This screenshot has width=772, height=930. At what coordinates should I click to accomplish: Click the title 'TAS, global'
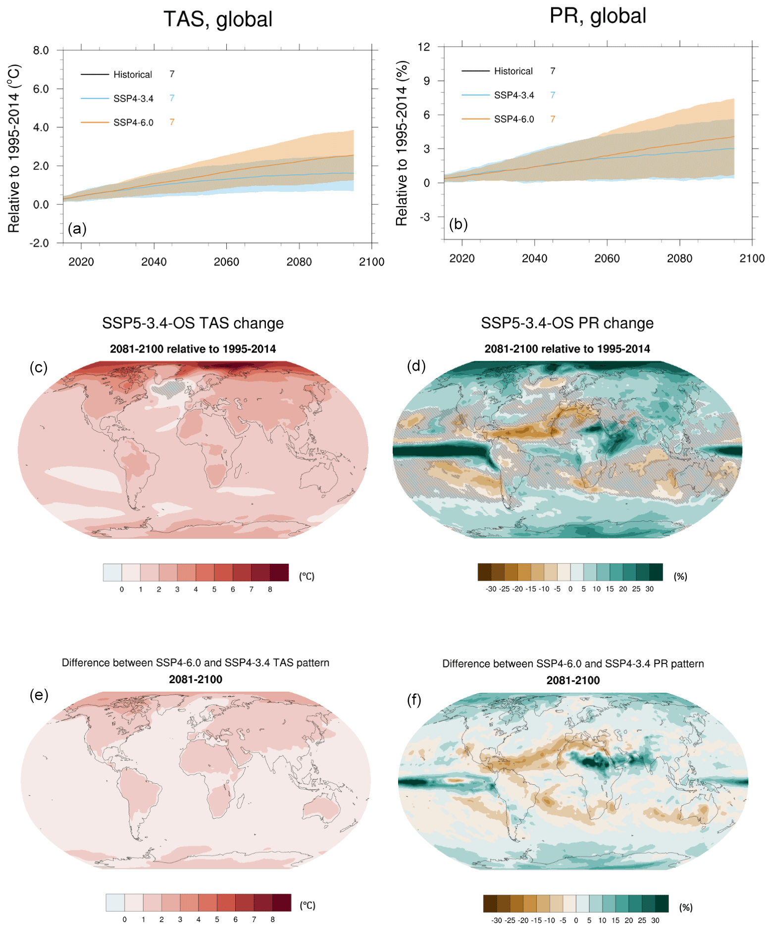[x=218, y=19]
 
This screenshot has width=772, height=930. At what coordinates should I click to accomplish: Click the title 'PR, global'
[x=598, y=16]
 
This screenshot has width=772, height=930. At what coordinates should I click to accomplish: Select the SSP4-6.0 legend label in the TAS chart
[x=133, y=122]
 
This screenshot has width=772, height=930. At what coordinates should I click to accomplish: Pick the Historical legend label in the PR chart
[x=513, y=71]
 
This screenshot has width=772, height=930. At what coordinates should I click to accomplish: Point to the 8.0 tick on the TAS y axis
[x=41, y=50]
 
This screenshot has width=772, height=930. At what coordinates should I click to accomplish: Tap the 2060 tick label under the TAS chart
[x=226, y=262]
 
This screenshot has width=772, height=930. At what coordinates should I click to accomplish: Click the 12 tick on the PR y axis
[x=424, y=47]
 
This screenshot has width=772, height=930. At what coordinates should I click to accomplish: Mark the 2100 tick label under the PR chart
[x=752, y=258]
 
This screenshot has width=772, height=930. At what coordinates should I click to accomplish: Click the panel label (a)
[x=77, y=228]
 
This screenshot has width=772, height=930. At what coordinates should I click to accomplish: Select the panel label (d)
[x=416, y=366]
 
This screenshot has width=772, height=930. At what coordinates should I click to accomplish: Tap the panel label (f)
[x=414, y=700]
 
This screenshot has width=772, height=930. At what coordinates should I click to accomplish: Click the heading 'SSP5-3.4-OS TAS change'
[x=193, y=323]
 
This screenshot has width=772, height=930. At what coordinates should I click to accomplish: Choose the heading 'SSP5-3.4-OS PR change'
[x=567, y=323]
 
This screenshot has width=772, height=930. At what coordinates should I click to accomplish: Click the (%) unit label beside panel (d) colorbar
[x=680, y=576]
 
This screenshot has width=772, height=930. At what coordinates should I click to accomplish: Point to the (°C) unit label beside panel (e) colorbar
[x=308, y=905]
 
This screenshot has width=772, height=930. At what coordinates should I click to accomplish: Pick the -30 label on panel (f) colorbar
[x=496, y=920]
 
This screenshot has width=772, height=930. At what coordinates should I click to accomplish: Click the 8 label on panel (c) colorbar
[x=270, y=590]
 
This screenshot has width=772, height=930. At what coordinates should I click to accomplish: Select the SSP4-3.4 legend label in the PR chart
[x=514, y=95]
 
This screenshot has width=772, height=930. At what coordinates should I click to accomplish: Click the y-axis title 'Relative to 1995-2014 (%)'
[x=402, y=143]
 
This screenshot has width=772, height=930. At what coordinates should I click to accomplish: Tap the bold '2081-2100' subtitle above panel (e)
[x=196, y=679]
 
